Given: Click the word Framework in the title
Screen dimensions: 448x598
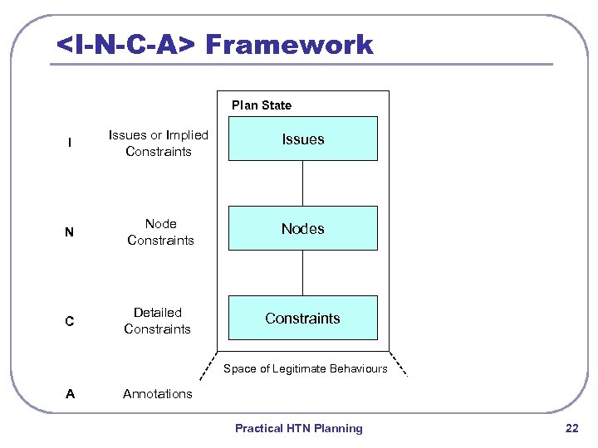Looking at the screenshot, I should [x=289, y=44].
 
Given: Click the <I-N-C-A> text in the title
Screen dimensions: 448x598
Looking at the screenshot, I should [x=125, y=44].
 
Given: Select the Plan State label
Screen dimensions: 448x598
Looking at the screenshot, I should [x=262, y=105].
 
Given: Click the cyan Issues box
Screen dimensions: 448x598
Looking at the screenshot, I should [x=302, y=139].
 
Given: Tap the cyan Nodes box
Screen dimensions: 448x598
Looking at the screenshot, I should [x=302, y=229].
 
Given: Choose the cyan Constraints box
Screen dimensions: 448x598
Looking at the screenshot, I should [x=302, y=319].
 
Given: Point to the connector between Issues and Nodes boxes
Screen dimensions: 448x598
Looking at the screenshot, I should [x=302, y=183].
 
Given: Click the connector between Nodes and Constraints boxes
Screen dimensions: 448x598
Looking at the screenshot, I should [x=302, y=273].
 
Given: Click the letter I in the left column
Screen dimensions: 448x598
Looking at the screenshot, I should [x=70, y=144].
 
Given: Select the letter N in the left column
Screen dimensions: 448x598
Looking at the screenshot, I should [x=70, y=233].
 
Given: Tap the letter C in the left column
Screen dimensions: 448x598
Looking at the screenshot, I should [x=70, y=322].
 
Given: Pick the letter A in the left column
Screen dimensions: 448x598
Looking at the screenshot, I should [x=70, y=394].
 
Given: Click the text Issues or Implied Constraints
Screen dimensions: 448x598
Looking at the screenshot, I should [x=158, y=144].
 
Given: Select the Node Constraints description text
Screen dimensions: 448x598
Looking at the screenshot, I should [x=160, y=232].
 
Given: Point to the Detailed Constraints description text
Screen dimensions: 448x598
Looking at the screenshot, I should [x=157, y=321].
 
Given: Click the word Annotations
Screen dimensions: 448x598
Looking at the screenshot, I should [x=157, y=394].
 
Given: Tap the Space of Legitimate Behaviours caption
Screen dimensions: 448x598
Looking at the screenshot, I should [x=305, y=368].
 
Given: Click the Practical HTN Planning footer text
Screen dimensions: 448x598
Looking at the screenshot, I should [x=299, y=428].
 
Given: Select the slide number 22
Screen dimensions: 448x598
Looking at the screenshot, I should [x=571, y=428].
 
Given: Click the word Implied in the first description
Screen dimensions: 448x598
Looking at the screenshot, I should [x=187, y=135].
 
